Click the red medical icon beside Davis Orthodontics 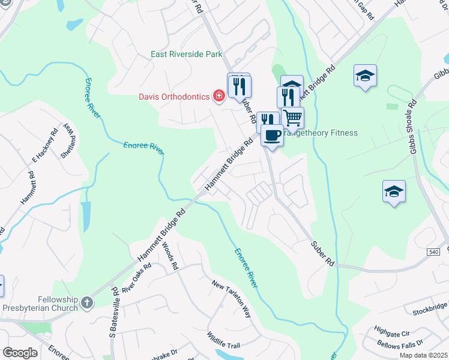tap(219, 96)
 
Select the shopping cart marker tap(293, 118)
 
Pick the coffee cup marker tap(272, 136)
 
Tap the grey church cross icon tap(88, 303)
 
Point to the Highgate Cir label tap(391, 331)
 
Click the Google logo tap(20, 353)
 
